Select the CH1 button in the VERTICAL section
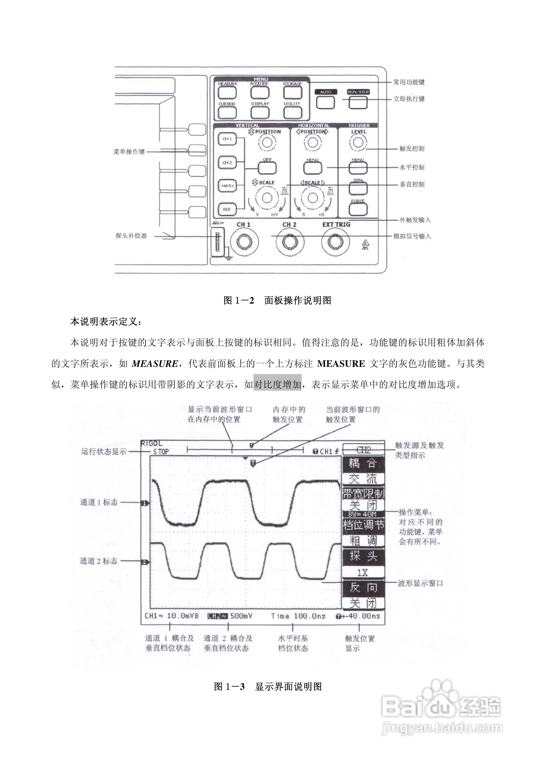(x=227, y=139)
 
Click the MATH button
(x=227, y=186)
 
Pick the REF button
(x=227, y=209)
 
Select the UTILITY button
(x=292, y=113)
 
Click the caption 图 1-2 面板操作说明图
(x=277, y=300)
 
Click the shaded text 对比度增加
(x=277, y=384)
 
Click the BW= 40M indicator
(x=363, y=514)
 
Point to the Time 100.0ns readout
(x=298, y=616)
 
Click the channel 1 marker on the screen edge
(x=145, y=503)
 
